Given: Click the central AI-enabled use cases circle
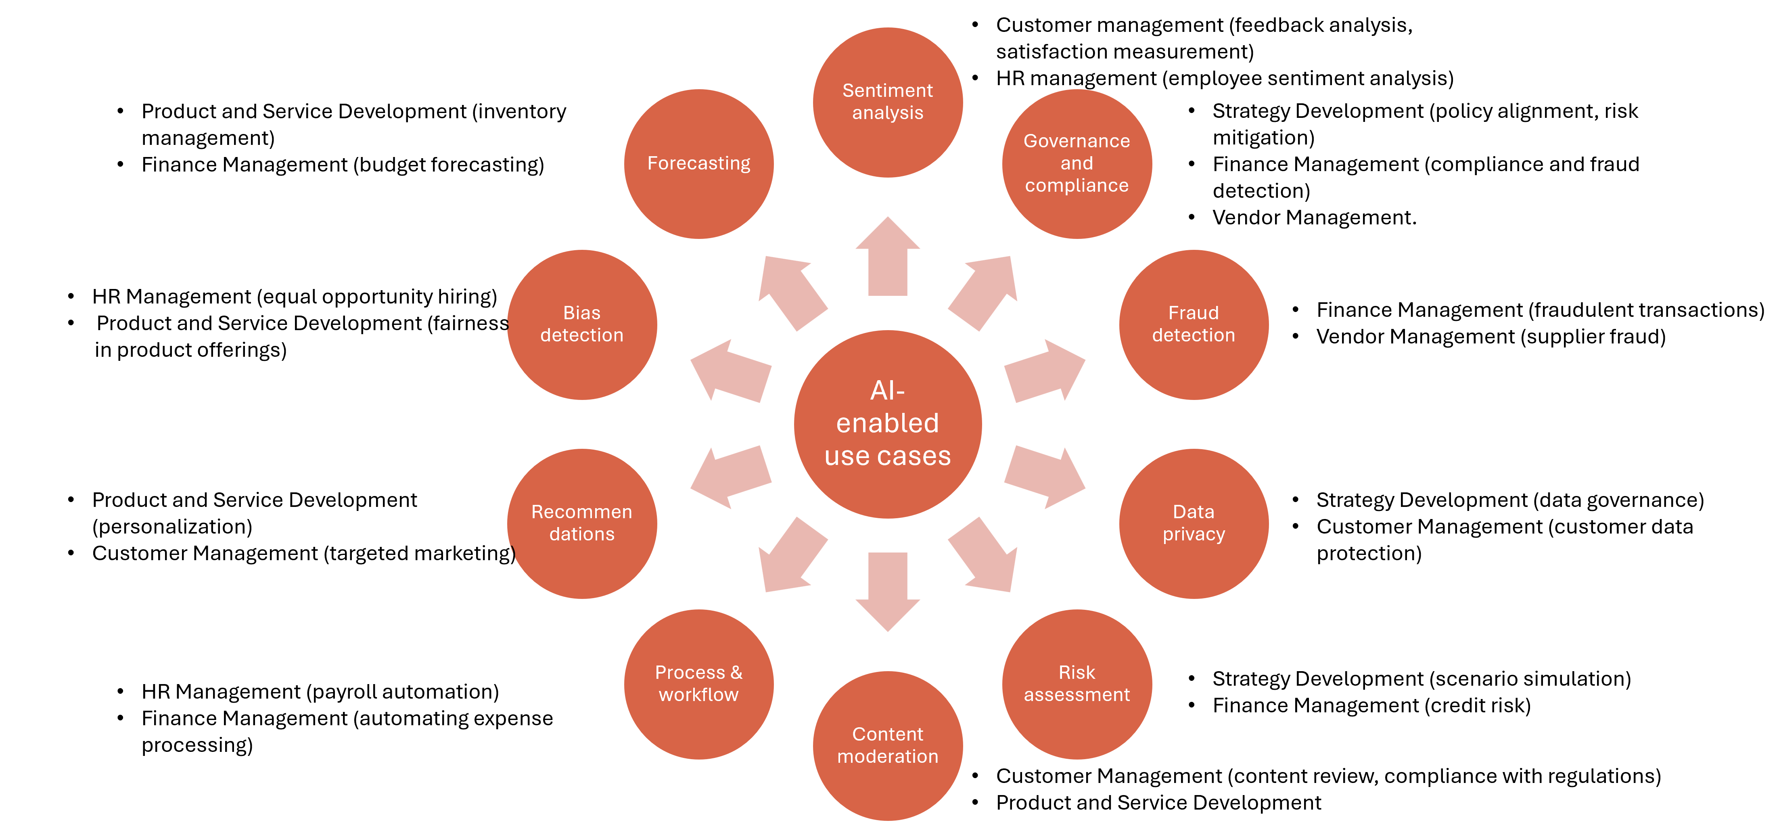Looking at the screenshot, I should click(x=887, y=424).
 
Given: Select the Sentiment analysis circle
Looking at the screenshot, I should click(x=887, y=102).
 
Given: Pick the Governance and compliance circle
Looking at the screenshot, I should click(x=1077, y=164).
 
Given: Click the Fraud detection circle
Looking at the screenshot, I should click(x=1194, y=324).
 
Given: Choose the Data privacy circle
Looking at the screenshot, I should click(x=1194, y=523).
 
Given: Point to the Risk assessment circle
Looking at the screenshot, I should click(x=1077, y=684).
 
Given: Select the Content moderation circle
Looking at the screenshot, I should click(x=887, y=745).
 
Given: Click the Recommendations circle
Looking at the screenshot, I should click(x=581, y=523).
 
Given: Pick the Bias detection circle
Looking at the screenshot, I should click(x=581, y=324).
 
